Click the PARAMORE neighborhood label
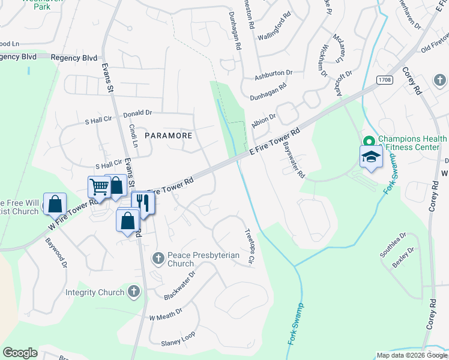168,136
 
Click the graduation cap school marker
371,157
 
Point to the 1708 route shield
385,80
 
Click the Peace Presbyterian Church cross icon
158,258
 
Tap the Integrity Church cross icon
133,292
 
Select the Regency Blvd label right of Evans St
74,58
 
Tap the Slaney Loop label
178,343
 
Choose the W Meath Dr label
165,317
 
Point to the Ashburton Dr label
273,74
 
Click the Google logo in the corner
20,353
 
